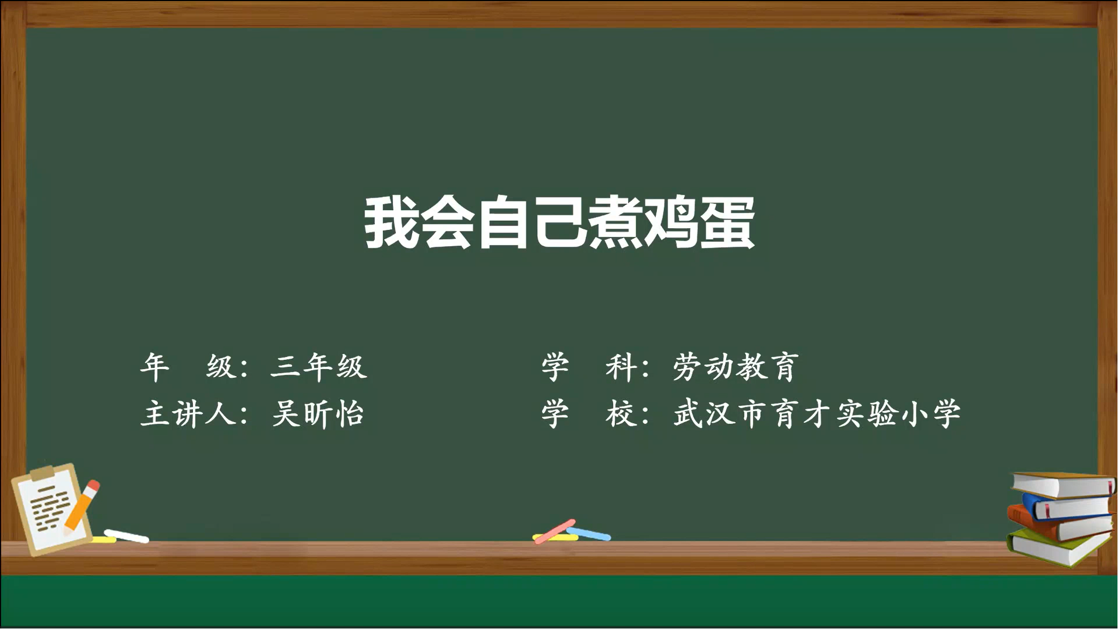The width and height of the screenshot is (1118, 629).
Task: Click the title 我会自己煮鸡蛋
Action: click(x=560, y=222)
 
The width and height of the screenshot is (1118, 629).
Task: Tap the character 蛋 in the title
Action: click(x=727, y=222)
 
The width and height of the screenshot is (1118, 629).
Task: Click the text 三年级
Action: click(x=319, y=366)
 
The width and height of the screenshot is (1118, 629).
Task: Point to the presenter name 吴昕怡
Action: click(x=318, y=413)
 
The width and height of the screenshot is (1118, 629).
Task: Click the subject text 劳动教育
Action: click(x=735, y=366)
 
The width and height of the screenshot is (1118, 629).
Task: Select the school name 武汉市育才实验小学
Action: click(x=816, y=413)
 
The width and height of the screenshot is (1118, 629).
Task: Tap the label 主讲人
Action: click(x=189, y=413)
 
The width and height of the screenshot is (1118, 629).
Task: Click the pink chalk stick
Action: click(x=555, y=531)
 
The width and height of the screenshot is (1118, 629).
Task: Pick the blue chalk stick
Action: click(x=589, y=534)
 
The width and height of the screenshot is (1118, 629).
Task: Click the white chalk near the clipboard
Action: click(x=126, y=536)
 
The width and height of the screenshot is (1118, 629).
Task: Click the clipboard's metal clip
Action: click(x=43, y=472)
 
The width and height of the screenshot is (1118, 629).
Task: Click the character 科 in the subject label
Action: click(x=621, y=366)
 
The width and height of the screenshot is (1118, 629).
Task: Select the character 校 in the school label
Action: click(x=621, y=413)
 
